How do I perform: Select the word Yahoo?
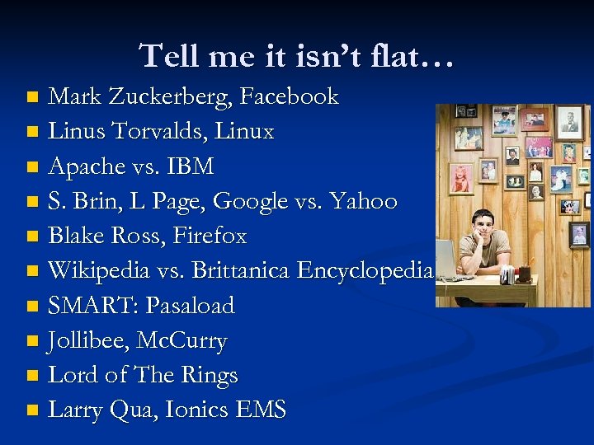click(368, 201)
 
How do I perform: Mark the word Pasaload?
click(190, 306)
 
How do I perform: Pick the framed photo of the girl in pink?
click(460, 177)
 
